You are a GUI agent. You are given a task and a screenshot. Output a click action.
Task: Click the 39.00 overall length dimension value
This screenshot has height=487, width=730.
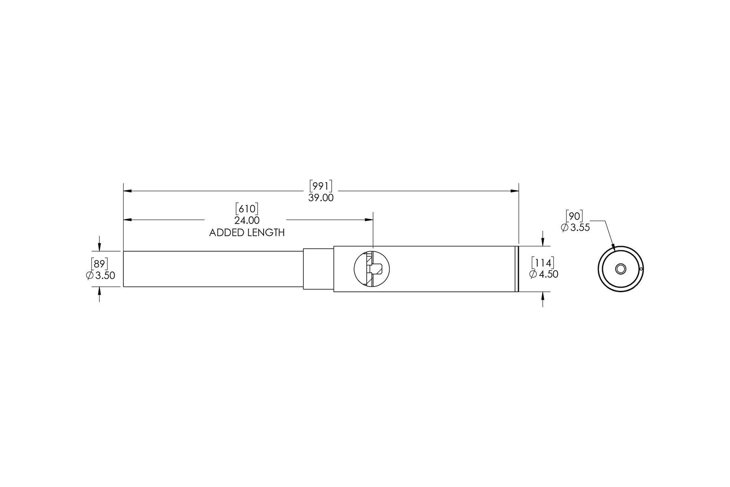coord(321,198)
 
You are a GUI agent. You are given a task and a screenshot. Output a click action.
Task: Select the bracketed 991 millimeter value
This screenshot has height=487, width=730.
coord(321,186)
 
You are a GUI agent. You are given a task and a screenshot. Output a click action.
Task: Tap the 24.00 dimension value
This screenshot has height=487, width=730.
coord(247,220)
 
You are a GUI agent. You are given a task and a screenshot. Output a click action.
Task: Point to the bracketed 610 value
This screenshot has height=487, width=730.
coord(247,209)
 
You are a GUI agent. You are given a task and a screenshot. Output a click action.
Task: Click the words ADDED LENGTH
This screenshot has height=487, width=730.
coord(247,233)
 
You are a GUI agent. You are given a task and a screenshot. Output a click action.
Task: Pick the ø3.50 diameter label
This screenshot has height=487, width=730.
coord(101,276)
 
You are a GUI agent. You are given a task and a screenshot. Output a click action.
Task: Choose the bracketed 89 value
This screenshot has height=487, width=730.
coord(99,264)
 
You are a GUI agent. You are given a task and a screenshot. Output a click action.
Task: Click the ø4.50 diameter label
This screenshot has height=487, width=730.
coord(544,274)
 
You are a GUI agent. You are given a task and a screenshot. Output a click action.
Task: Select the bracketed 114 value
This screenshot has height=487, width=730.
coord(543,263)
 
